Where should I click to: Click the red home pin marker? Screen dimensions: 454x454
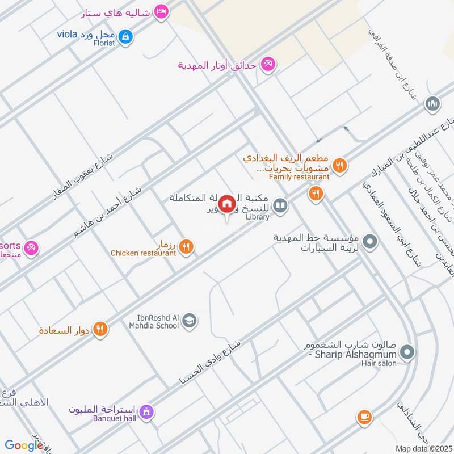tap(226, 203)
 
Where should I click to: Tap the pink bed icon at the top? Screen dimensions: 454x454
tap(162, 12)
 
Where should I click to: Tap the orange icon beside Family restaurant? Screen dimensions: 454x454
tap(339, 166)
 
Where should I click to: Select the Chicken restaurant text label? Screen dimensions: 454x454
tap(143, 253)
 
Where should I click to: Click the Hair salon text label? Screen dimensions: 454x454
tap(376, 363)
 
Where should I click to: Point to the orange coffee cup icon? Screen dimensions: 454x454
tap(364, 418)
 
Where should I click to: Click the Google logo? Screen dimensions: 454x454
tap(24, 446)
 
